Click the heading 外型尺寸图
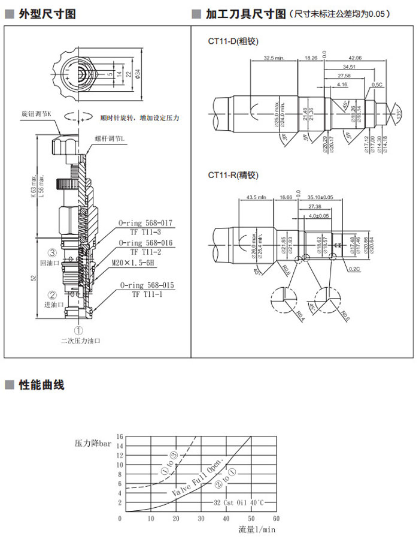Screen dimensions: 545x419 coord(47,14)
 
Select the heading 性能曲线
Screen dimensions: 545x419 coord(41,385)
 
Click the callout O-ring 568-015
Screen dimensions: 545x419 coord(147,286)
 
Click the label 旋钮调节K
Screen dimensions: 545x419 coord(37,113)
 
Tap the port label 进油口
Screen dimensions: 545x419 coord(47,305)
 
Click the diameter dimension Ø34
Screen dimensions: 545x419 coord(138,74)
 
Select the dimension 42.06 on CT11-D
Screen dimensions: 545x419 coord(356,58)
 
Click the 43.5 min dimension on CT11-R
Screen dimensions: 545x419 coord(257,197)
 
